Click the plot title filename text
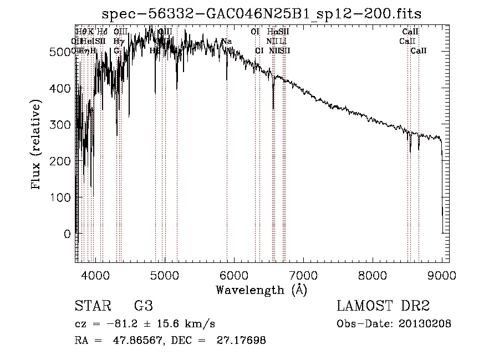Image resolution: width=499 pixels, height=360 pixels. pyautogui.click(x=266, y=13)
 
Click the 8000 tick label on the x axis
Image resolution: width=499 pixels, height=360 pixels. pyautogui.click(x=373, y=275)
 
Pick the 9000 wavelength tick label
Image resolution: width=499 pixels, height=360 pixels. pyautogui.click(x=442, y=275)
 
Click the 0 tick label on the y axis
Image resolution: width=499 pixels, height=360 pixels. pyautogui.click(x=68, y=234)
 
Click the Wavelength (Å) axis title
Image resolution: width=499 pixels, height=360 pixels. pyautogui.click(x=262, y=290)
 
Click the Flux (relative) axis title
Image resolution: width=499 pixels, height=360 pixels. pyautogui.click(x=37, y=146)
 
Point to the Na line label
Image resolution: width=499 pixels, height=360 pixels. pyautogui.click(x=226, y=42)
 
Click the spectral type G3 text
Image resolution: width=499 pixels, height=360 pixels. pyautogui.click(x=143, y=306)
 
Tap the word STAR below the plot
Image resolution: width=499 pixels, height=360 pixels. pyautogui.click(x=92, y=306)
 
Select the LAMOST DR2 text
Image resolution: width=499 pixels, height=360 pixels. pyautogui.click(x=383, y=306)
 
